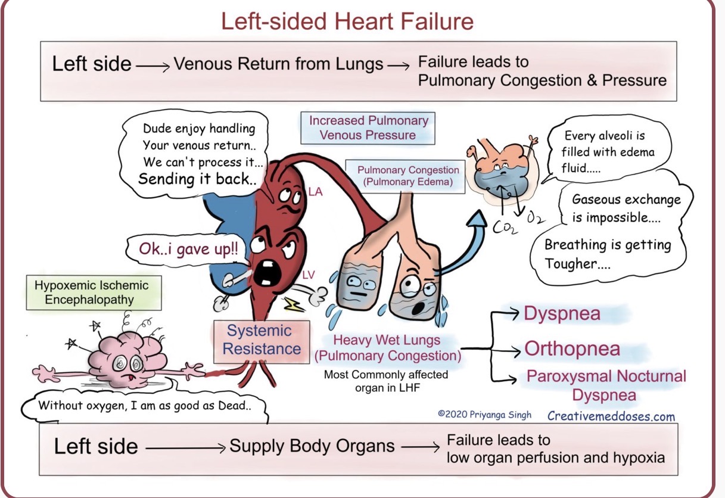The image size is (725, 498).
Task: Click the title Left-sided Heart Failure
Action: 347,21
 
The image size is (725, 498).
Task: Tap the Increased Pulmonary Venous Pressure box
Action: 368,127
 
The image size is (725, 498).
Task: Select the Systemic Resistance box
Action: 262,340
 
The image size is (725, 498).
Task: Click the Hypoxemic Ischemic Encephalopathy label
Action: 91,292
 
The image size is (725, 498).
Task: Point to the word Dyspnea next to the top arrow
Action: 562,314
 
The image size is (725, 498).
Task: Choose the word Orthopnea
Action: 572,349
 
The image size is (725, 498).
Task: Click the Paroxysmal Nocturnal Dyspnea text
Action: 606,385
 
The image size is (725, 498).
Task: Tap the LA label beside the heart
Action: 316,192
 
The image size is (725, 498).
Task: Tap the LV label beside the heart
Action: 309,275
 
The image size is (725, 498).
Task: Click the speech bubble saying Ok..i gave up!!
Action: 186,250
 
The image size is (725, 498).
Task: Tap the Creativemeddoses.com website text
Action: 611,416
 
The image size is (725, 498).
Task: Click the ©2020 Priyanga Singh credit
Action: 484,415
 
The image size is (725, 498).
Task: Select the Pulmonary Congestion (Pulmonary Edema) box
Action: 408,176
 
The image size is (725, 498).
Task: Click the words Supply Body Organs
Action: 312,446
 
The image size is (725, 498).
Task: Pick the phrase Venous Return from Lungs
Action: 278,64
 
